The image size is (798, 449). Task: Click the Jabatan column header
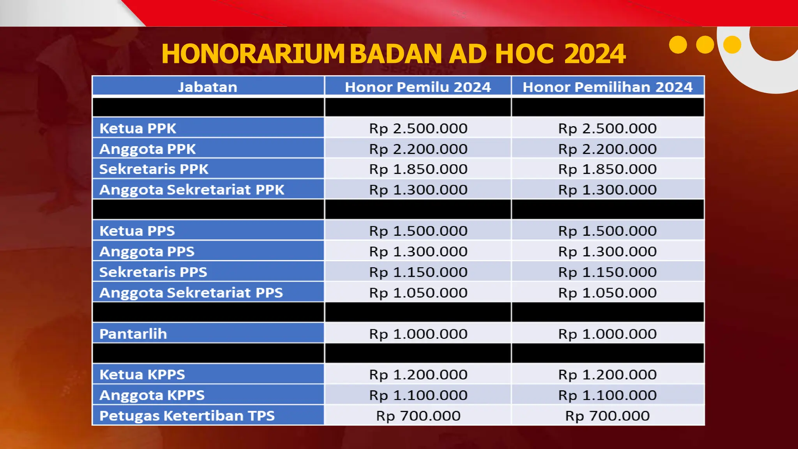click(208, 87)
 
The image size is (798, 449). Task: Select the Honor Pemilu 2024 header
click(418, 87)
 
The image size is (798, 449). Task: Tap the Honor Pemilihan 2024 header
click(607, 87)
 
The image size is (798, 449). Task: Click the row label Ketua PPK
click(138, 128)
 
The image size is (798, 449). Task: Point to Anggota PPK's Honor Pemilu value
click(418, 149)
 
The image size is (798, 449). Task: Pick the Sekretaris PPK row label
click(154, 169)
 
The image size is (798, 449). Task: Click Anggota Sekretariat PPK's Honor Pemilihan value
click(607, 190)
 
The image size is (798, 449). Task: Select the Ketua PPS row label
click(137, 231)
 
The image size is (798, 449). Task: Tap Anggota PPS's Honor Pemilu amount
click(418, 251)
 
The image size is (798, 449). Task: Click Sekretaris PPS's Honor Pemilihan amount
click(607, 272)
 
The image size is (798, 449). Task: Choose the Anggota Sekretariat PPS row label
click(191, 293)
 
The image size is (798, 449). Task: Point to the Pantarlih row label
click(133, 334)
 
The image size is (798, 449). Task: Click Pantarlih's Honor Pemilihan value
click(607, 334)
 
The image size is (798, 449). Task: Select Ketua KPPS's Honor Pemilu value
click(418, 375)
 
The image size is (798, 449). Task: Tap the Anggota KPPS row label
click(152, 395)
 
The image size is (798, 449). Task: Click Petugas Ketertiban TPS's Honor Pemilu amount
click(418, 416)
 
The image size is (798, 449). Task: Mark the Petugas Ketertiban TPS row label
click(187, 416)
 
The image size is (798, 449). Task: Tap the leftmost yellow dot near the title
click(678, 45)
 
